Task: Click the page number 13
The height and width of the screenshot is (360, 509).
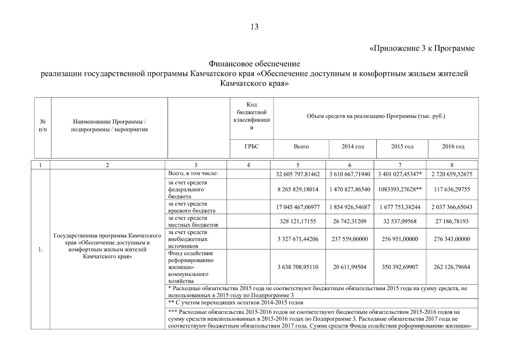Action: (x=254, y=27)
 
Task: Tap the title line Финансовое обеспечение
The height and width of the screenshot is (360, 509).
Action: (x=254, y=64)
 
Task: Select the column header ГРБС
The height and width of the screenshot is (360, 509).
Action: (x=251, y=147)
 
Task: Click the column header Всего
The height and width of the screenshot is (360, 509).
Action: (x=301, y=147)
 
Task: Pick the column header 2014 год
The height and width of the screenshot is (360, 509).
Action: (x=352, y=147)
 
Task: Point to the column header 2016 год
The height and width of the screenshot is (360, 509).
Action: (x=453, y=147)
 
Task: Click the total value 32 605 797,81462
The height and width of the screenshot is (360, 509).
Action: (x=298, y=174)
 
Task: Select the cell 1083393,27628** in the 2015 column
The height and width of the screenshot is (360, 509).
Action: (x=400, y=190)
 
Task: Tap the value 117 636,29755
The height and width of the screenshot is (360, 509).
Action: (x=452, y=190)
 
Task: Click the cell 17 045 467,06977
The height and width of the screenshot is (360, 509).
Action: (x=298, y=207)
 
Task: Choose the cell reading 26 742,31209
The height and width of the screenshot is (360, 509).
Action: (x=349, y=221)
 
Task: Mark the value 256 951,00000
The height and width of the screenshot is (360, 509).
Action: (x=400, y=239)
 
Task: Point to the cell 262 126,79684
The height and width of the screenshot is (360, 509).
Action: (x=452, y=267)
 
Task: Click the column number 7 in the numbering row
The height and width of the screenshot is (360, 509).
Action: (x=400, y=165)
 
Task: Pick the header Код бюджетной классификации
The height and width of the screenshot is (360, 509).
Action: (x=251, y=116)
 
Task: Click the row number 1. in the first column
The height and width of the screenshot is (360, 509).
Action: (x=40, y=250)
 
